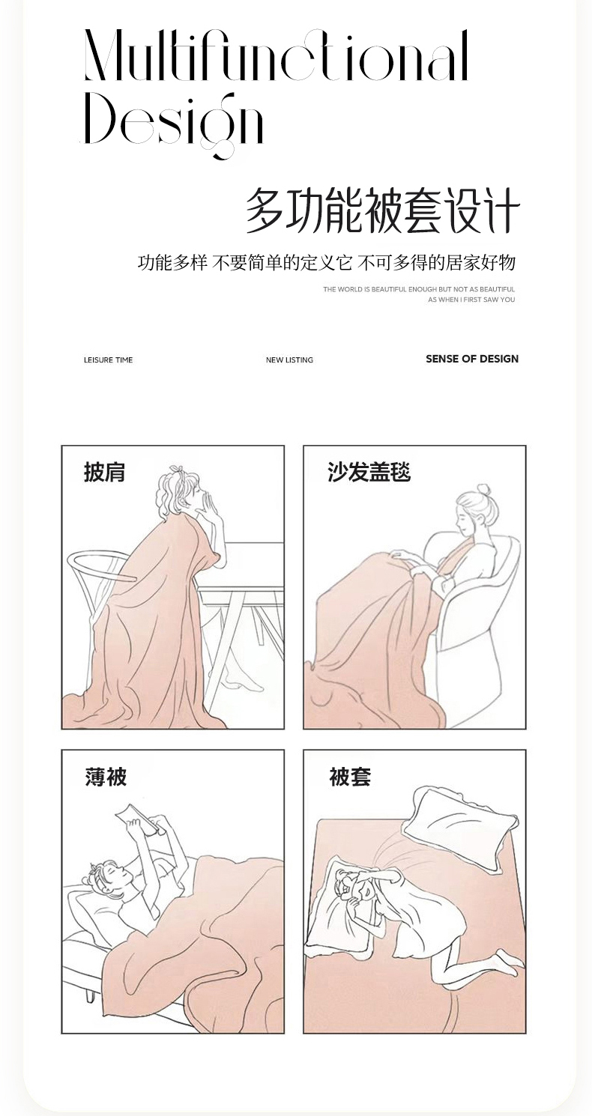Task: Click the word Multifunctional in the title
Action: click(x=277, y=55)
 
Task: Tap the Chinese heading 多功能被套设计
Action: click(x=383, y=210)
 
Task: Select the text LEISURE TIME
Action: click(x=108, y=360)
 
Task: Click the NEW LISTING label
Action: click(x=289, y=360)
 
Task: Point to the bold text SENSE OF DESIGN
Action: click(x=472, y=359)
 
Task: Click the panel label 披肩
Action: click(x=104, y=472)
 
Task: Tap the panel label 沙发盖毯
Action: click(x=369, y=472)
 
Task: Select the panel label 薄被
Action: click(x=106, y=776)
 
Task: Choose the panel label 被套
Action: click(x=350, y=776)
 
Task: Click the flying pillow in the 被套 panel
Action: click(x=459, y=818)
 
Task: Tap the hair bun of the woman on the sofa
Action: click(x=483, y=489)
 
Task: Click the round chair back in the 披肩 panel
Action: click(x=102, y=565)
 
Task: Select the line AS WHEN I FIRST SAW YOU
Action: click(x=471, y=300)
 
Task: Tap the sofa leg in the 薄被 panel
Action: click(x=91, y=1007)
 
